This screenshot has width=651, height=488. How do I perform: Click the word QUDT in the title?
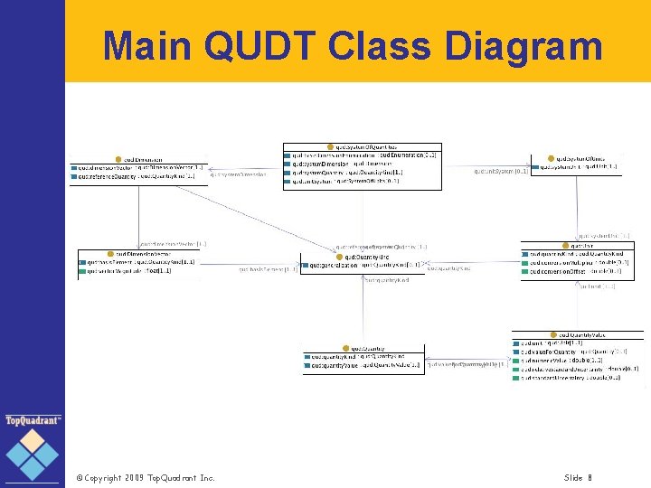coord(270,46)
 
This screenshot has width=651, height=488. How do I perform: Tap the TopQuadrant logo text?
coord(33,420)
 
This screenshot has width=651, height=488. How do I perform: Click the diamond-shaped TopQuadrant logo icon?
coord(33,454)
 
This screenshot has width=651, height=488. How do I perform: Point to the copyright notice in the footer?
coord(145,477)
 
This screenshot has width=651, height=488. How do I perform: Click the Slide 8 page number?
coord(578,477)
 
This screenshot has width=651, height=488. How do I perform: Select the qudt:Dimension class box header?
coord(139,158)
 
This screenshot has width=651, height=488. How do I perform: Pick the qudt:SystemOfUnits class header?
coord(579,158)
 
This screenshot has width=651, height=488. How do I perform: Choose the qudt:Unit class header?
coord(576,245)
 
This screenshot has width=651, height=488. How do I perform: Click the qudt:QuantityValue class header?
coord(581,334)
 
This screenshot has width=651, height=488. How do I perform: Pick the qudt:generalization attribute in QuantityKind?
coord(362,266)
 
